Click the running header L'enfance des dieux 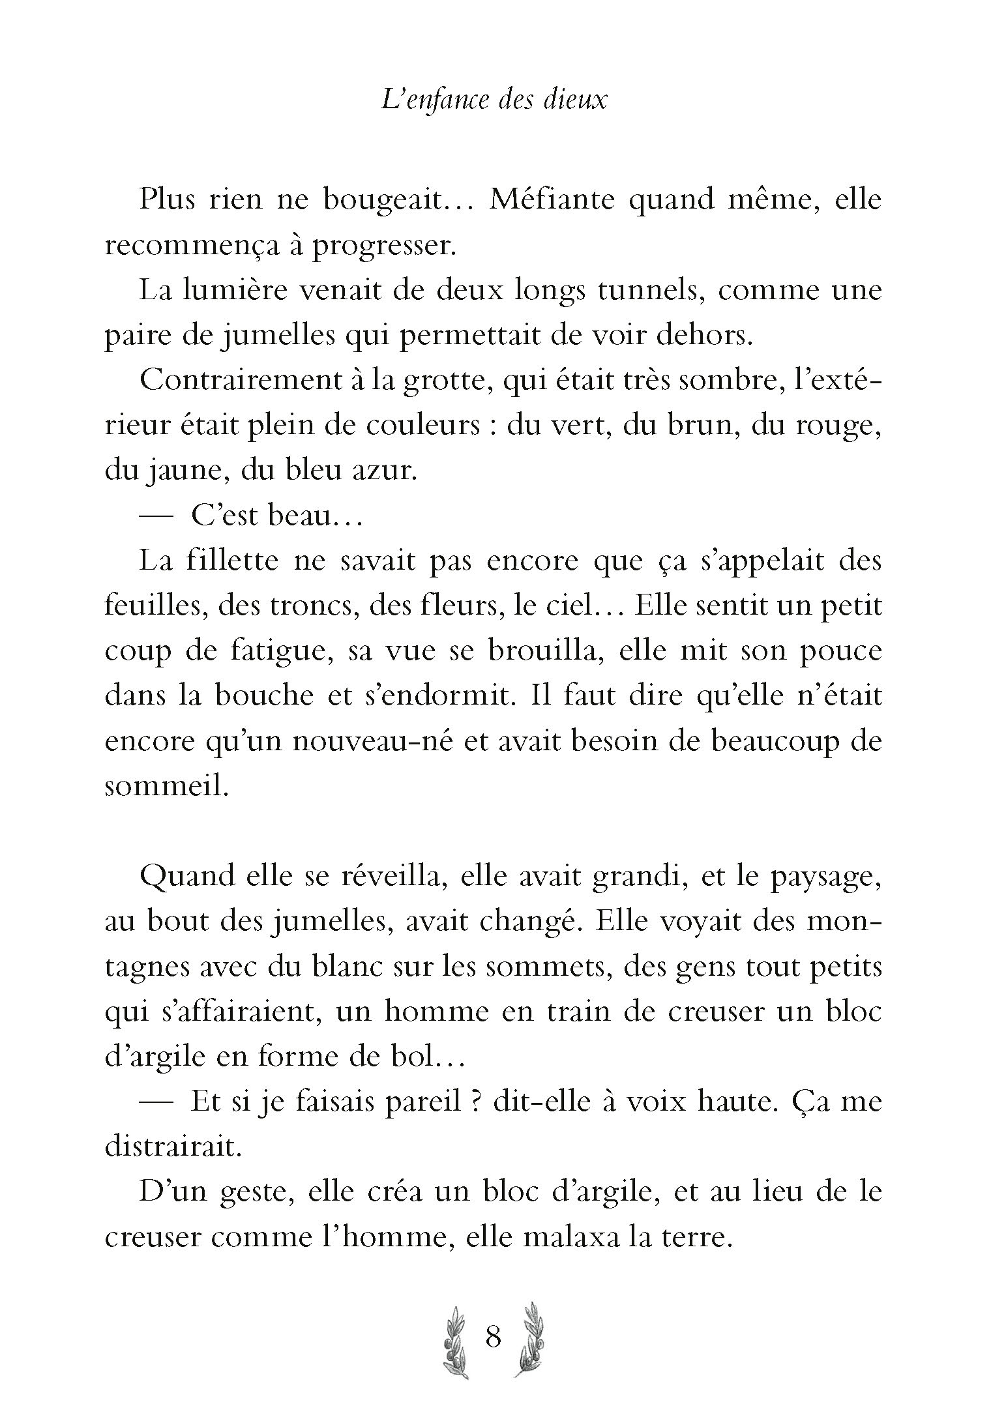[x=494, y=102]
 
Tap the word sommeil [x=167, y=787]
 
